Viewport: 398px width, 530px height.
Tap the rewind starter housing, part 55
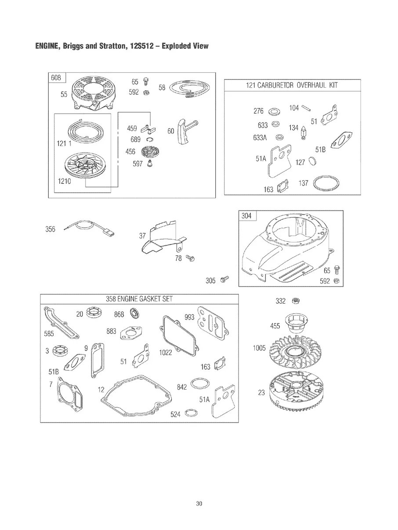point(94,94)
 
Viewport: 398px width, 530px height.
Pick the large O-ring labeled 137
point(326,183)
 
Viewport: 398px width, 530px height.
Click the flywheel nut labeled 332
point(296,301)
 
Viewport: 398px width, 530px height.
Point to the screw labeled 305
point(224,279)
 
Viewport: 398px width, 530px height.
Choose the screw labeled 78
point(190,258)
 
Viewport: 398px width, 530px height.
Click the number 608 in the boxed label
point(56,78)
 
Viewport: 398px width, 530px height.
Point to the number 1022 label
point(166,353)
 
